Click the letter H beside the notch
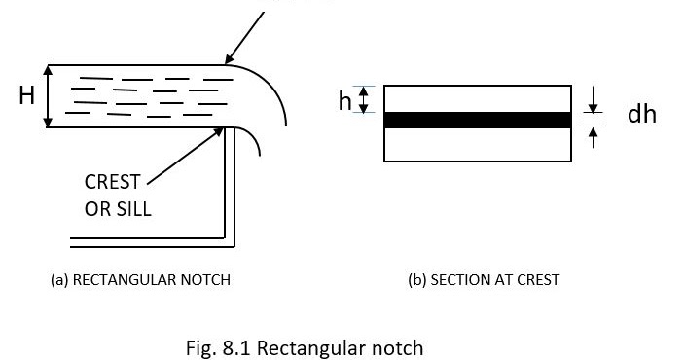[26, 95]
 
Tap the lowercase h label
[344, 99]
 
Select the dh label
[641, 114]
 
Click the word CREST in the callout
[112, 182]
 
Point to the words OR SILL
[118, 208]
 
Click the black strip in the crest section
[476, 121]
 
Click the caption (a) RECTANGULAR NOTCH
[140, 280]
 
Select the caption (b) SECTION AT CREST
[484, 280]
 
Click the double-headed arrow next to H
[48, 96]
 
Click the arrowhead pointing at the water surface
[227, 60]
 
